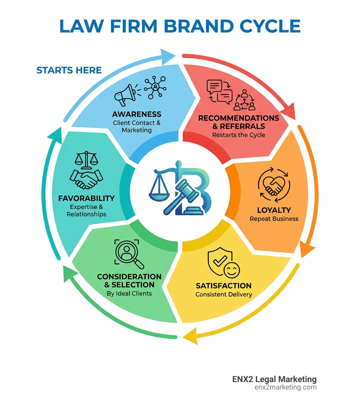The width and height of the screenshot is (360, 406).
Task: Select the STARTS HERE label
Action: pyautogui.click(x=69, y=70)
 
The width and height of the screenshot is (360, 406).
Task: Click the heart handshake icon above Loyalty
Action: pyautogui.click(x=274, y=186)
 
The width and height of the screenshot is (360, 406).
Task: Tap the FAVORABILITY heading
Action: pyautogui.click(x=86, y=198)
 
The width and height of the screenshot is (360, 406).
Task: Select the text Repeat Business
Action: pyautogui.click(x=274, y=219)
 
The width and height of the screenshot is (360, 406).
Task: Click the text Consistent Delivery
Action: pyautogui.click(x=224, y=294)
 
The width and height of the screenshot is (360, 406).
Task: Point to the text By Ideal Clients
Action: pyautogui.click(x=129, y=293)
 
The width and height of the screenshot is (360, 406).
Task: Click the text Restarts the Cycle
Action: pyautogui.click(x=239, y=135)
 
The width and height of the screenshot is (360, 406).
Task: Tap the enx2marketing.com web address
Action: pyautogui.click(x=285, y=387)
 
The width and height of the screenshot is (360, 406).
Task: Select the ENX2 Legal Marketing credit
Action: pyautogui.click(x=274, y=379)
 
